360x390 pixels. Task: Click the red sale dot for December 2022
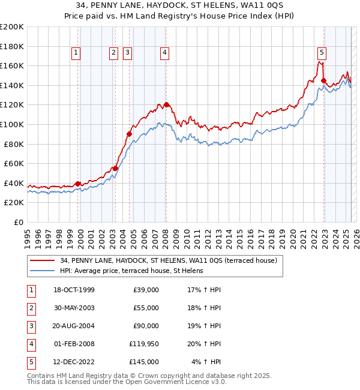pyautogui.click(x=323, y=80)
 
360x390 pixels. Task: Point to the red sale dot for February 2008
pyautogui.click(x=166, y=104)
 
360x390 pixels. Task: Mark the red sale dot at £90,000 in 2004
pyautogui.click(x=129, y=134)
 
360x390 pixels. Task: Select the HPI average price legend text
pyautogui.click(x=131, y=271)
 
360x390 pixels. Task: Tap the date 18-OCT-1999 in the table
pyautogui.click(x=74, y=290)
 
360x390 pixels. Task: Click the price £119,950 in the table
pyautogui.click(x=144, y=344)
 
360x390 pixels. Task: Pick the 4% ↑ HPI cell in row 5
pyautogui.click(x=206, y=362)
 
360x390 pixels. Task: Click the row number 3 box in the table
pyautogui.click(x=30, y=326)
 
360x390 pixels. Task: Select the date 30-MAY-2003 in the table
pyautogui.click(x=74, y=308)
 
